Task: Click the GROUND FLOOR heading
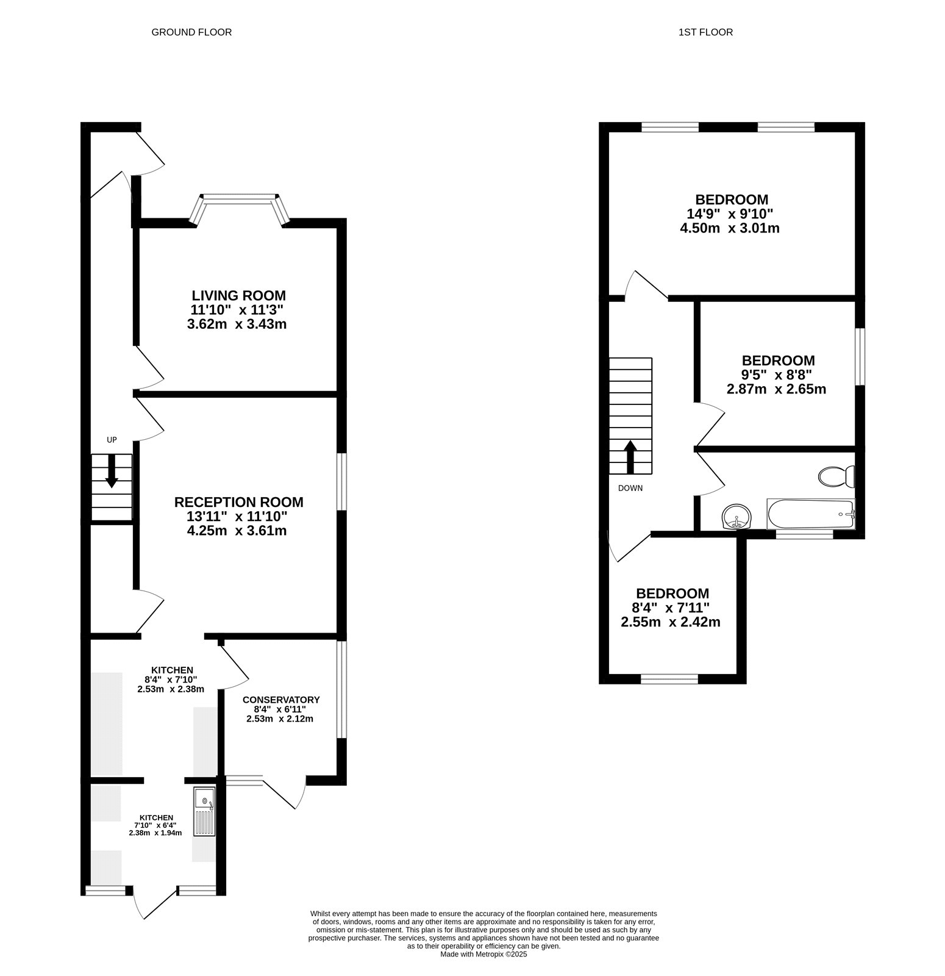pos(191,32)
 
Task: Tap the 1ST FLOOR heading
pos(705,32)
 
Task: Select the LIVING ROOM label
pos(239,296)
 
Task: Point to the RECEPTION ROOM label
pos(239,503)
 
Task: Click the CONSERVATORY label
pos(281,700)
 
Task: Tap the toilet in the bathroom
pos(837,476)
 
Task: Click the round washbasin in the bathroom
pos(737,517)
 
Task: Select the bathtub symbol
pos(811,514)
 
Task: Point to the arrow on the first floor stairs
pos(630,457)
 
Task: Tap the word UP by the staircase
pos(112,440)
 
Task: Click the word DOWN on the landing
pos(630,488)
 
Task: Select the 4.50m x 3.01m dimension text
pos(730,229)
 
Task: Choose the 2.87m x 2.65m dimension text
pos(777,389)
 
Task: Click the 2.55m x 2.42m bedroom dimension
pos(671,623)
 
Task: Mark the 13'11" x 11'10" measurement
pos(237,517)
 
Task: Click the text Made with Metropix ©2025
pos(483,955)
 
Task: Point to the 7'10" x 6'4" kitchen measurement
pos(155,825)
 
